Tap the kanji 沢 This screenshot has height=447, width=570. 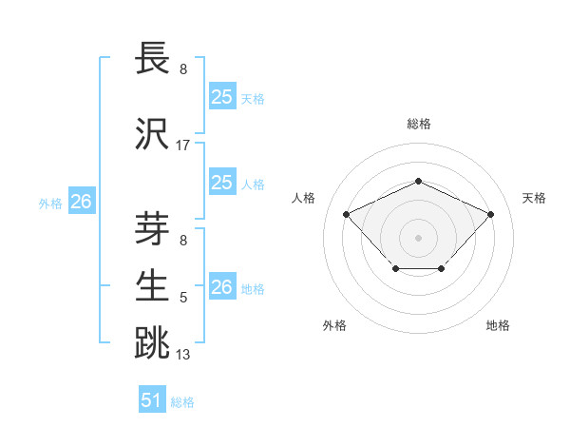(x=152, y=134)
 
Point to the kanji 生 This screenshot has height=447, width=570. (x=152, y=286)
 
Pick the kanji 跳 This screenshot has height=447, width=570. (x=152, y=343)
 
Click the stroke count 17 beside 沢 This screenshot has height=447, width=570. (x=183, y=146)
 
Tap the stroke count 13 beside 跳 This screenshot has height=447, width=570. (x=183, y=355)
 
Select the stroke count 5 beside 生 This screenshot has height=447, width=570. (x=183, y=298)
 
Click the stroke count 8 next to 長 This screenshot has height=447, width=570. (x=183, y=69)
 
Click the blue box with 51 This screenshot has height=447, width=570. (x=152, y=400)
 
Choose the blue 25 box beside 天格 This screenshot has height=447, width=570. (x=222, y=97)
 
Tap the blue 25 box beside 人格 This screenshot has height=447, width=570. (x=222, y=183)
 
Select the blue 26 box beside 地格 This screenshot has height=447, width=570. (x=222, y=287)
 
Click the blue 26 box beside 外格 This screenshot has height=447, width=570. (x=82, y=202)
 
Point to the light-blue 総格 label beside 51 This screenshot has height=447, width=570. (x=182, y=402)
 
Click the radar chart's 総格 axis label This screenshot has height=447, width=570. (x=419, y=124)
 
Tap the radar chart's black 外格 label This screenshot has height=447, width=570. (x=334, y=325)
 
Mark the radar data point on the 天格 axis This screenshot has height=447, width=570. (x=490, y=214)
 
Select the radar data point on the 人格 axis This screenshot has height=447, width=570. (x=347, y=214)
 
